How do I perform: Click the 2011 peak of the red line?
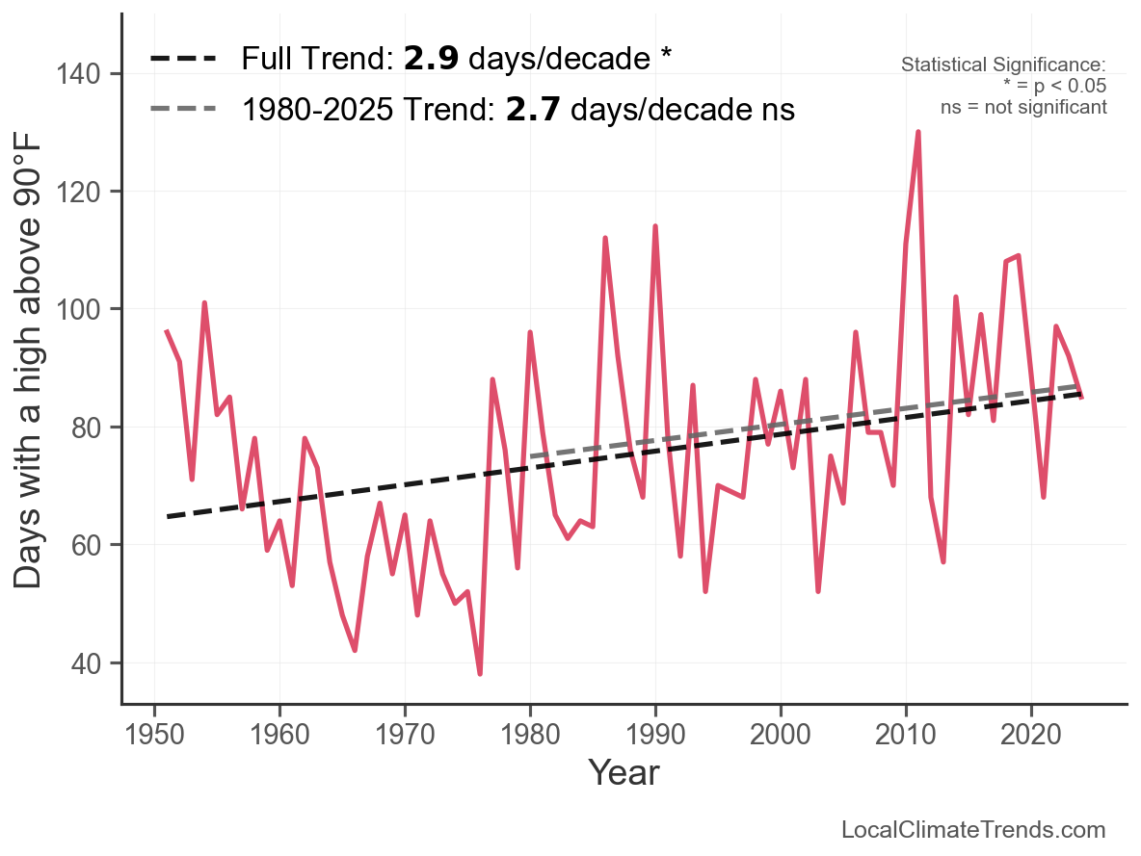(918, 132)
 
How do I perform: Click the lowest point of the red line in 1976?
(480, 673)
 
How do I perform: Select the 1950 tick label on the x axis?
(154, 735)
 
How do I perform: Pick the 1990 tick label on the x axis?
(655, 735)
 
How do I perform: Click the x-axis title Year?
(624, 772)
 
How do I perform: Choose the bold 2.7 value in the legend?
(530, 110)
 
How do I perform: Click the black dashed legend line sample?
(183, 60)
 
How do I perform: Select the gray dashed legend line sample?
(183, 110)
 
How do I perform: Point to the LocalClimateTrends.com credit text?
(973, 830)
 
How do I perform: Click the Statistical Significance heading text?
(1002, 65)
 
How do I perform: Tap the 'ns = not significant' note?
(1023, 107)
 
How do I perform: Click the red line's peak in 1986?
(605, 238)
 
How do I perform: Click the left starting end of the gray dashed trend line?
(531, 456)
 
